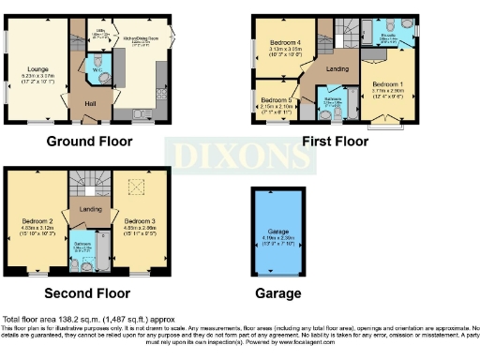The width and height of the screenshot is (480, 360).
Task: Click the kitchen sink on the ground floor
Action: (142, 114)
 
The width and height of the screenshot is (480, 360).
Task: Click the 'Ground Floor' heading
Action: (89, 142)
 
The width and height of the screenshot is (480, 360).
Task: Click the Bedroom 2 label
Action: (39, 222)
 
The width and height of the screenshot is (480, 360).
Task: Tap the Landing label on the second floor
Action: (90, 209)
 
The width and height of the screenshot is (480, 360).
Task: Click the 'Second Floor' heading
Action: (90, 292)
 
